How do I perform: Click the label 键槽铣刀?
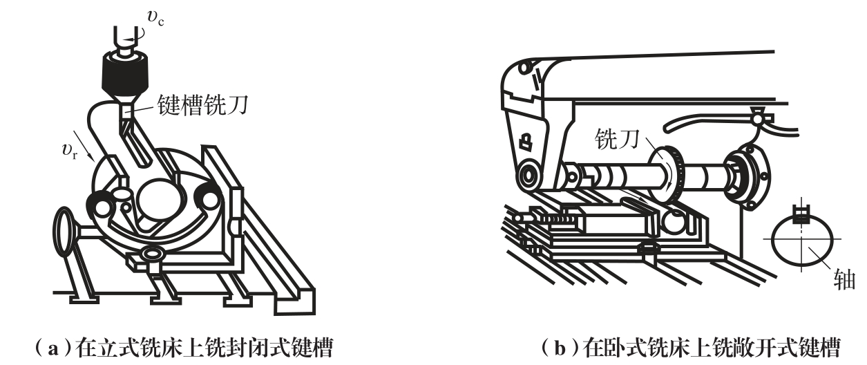tap(202, 105)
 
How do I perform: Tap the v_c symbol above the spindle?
tap(155, 17)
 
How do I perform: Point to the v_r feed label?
tap(70, 151)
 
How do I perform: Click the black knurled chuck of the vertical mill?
tap(125, 75)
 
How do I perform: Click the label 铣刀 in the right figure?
tap(617, 139)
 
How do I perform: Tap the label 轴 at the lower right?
tap(844, 279)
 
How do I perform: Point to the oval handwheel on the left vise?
tap(65, 232)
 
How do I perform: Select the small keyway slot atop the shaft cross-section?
tap(801, 214)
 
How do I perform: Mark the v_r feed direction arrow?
tap(83, 146)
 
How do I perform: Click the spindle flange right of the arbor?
tap(747, 177)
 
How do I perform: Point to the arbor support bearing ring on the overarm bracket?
tap(528, 176)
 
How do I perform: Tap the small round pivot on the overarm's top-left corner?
tap(524, 68)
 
